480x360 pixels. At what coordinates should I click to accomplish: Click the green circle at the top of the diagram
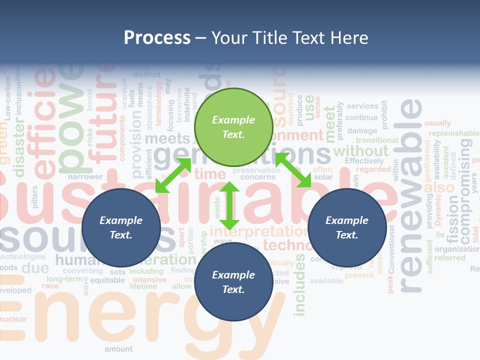(x=233, y=127)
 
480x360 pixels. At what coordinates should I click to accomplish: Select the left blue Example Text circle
(x=121, y=227)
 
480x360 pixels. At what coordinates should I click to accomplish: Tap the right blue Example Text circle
(x=347, y=227)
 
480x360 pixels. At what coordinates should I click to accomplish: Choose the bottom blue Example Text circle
(x=233, y=282)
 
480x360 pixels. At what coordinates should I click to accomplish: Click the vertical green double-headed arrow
(x=229, y=205)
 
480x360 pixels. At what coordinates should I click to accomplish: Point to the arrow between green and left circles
(x=173, y=175)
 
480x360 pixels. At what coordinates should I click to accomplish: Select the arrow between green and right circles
(x=293, y=170)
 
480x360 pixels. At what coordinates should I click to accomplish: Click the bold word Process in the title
(x=157, y=38)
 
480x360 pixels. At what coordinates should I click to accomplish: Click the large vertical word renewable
(x=411, y=195)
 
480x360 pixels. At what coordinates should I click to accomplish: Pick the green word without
(x=360, y=150)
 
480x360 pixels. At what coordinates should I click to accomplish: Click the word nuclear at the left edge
(x=13, y=319)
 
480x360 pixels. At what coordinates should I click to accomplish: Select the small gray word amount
(x=118, y=348)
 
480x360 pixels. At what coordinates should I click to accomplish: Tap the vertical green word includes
(x=299, y=285)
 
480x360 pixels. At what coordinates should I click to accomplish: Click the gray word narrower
(x=85, y=176)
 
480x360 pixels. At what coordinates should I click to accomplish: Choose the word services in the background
(x=362, y=106)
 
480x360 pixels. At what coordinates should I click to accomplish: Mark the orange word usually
(x=437, y=123)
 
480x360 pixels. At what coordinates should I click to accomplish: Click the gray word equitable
(x=107, y=280)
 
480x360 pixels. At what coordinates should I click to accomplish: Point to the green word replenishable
(x=453, y=133)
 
